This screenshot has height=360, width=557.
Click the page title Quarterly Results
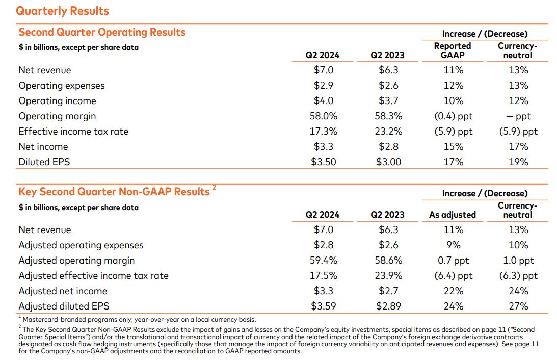coord(63,11)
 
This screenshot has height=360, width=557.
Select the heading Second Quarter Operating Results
coord(102,32)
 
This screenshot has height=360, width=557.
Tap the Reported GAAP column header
coord(453,50)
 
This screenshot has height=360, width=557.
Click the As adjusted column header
coord(453,215)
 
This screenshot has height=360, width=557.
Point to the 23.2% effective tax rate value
coord(388,132)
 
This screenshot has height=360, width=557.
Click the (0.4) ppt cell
coord(453,116)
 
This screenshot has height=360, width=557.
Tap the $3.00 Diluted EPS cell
coord(388,162)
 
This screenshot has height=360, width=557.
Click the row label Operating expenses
coord(62,86)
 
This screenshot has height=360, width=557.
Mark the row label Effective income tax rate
coord(73,132)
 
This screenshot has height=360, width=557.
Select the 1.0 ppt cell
coord(518,261)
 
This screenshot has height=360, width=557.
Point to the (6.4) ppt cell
coord(453,276)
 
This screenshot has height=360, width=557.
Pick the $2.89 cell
coord(388,306)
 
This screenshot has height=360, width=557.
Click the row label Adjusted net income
coord(63,291)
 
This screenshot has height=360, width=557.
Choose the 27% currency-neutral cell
coord(518,306)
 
